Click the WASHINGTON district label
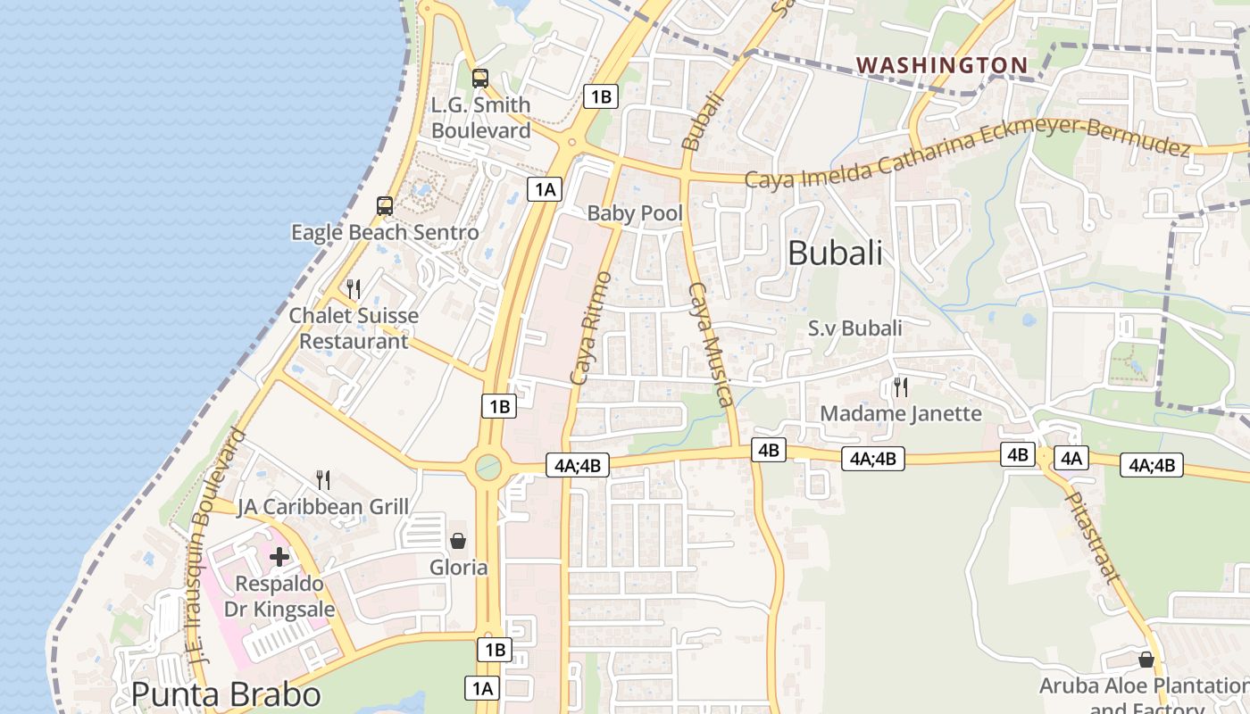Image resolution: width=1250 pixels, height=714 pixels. (x=942, y=64)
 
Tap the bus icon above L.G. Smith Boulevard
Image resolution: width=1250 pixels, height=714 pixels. (x=480, y=79)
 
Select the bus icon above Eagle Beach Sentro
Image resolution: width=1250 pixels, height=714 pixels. (x=385, y=206)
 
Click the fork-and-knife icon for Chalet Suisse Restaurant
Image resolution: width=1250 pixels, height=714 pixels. (x=354, y=288)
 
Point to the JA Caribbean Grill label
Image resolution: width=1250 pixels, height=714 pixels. (x=323, y=507)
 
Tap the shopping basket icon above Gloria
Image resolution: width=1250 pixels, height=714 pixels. (x=458, y=541)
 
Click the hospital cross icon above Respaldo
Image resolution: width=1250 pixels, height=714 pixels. (x=279, y=557)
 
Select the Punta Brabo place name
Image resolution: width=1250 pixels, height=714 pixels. (x=226, y=694)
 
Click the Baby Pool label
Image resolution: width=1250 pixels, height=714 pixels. (x=635, y=213)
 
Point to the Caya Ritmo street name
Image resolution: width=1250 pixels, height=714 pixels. (x=591, y=328)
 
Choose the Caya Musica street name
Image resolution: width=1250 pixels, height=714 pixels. (x=711, y=344)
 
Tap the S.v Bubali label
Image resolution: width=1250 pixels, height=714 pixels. (x=854, y=328)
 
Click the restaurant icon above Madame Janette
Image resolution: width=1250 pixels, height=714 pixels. (x=900, y=387)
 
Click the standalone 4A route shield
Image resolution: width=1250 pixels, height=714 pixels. (x=1071, y=459)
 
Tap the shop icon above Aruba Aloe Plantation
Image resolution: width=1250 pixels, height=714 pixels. (x=1146, y=660)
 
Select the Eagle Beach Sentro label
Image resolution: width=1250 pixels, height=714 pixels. (x=385, y=233)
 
